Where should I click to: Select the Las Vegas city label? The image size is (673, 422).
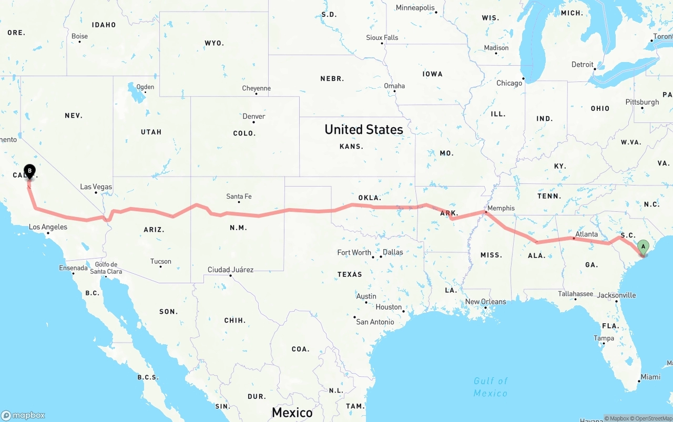tap(96, 187)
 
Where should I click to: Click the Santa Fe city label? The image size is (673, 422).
tap(239, 197)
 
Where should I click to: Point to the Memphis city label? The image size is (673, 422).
tap(501, 208)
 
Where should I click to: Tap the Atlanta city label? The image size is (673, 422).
tap(586, 234)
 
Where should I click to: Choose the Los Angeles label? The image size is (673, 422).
tap(48, 227)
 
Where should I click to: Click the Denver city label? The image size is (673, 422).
tap(254, 116)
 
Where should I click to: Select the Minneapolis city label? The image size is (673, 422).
tap(415, 8)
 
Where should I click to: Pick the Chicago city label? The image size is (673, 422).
tap(509, 83)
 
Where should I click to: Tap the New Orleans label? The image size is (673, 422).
tap(485, 302)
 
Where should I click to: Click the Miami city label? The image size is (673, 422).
tap(650, 377)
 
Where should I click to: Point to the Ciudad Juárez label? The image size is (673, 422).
tap(230, 270)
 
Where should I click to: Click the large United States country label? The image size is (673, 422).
tap(364, 129)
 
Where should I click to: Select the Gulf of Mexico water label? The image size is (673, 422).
tap(491, 387)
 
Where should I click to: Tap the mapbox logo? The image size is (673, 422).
tap(23, 415)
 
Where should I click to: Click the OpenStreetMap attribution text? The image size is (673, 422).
tap(652, 418)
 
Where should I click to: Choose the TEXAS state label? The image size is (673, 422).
tap(350, 274)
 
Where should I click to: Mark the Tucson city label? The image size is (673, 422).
tap(160, 261)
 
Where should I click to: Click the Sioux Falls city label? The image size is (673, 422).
tap(382, 37)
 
